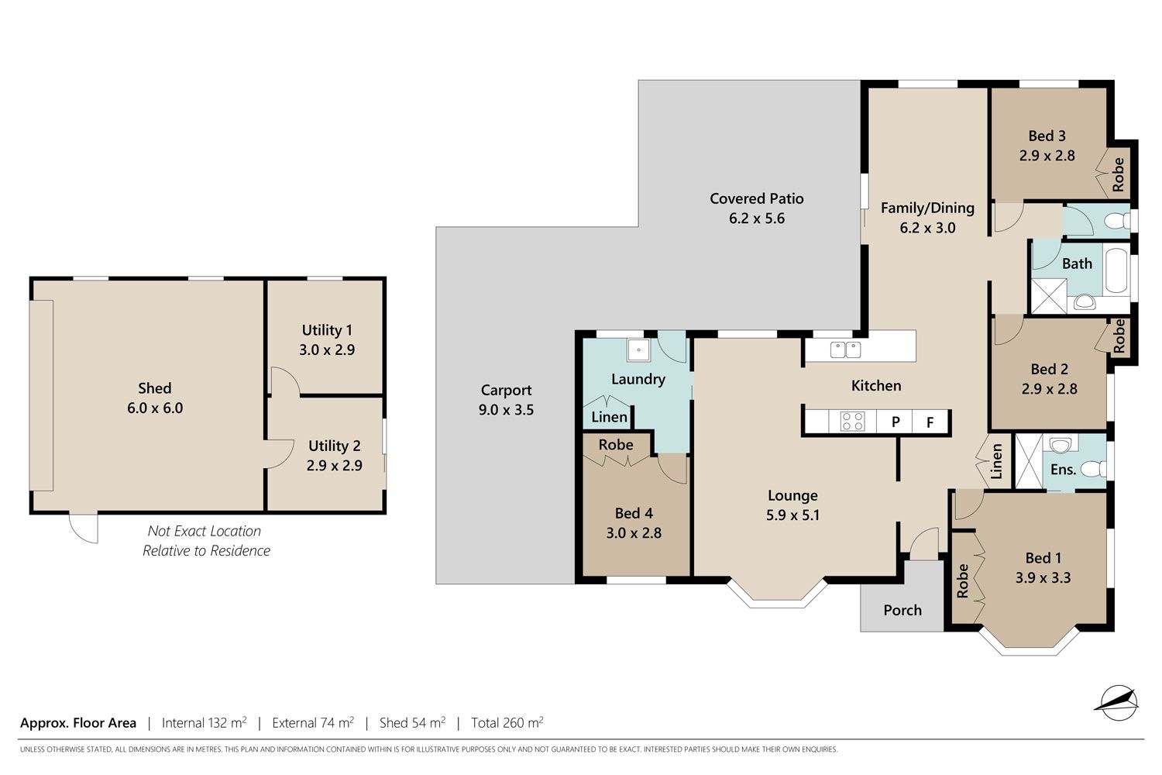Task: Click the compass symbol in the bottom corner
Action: [x=1119, y=703]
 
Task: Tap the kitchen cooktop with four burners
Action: [x=852, y=421]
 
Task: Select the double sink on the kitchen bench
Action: [x=846, y=350]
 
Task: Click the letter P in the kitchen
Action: [x=896, y=422]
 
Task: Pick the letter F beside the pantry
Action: [x=930, y=422]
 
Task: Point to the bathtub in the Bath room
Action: [x=1116, y=270]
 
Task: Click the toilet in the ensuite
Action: [x=1094, y=469]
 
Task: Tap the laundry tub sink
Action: [x=638, y=350]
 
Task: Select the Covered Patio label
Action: [x=756, y=198]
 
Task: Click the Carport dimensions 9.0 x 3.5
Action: [x=506, y=409]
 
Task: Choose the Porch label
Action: [x=902, y=610]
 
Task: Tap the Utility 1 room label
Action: [x=327, y=329]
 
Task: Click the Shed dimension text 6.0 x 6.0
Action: [x=155, y=408]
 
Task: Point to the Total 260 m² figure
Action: [x=507, y=722]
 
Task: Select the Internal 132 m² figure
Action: [x=204, y=722]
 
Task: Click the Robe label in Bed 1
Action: [x=962, y=580]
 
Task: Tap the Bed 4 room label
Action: [x=634, y=513]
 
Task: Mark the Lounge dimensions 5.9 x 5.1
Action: [x=792, y=515]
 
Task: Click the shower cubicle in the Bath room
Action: [x=1048, y=296]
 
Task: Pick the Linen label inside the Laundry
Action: [x=609, y=417]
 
